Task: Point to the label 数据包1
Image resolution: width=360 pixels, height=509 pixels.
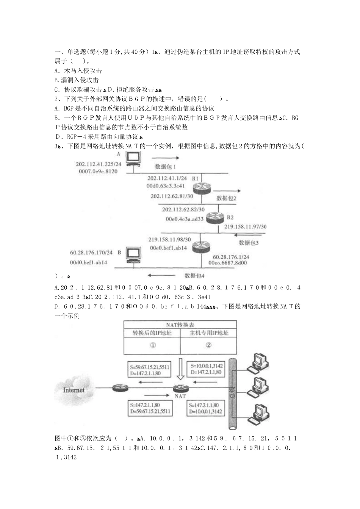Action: pos(166,166)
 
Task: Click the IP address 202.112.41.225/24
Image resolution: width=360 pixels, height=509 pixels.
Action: pos(98,164)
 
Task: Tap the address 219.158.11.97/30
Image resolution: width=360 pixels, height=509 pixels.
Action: pos(246,226)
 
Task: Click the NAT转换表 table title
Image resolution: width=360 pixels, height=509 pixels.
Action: pos(180,325)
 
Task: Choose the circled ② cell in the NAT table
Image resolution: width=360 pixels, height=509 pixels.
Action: pos(208,345)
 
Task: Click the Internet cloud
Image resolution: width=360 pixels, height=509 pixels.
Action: pos(74,390)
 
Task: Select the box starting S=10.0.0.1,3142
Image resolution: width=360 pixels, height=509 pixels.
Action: pos(207,369)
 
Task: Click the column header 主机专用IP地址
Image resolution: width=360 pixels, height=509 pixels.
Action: pos(209,333)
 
